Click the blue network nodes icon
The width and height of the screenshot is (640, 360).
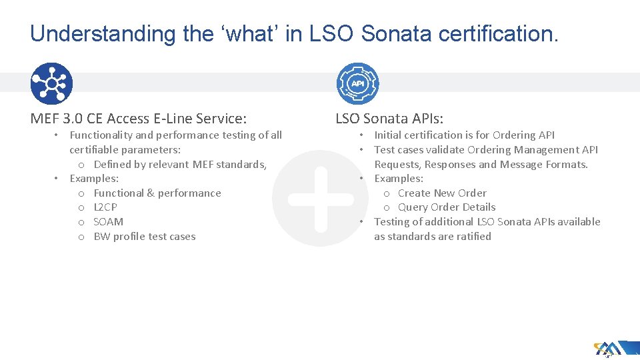coord(51,84)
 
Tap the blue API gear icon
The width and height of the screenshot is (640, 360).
coord(357,84)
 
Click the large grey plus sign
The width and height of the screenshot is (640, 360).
coord(321,199)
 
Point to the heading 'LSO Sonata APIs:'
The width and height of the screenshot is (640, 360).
coord(389,119)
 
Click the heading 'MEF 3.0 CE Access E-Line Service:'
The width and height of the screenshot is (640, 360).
coord(139,119)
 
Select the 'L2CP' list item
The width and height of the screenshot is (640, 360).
coord(105,207)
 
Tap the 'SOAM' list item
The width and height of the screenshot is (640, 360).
coord(108,222)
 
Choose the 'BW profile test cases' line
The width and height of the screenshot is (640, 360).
coord(145,237)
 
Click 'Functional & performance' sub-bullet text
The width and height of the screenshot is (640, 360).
coord(157,193)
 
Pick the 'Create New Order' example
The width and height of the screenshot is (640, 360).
coord(442,193)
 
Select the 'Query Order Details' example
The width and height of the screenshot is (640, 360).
coord(447,207)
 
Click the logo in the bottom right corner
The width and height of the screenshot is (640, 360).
coord(607,348)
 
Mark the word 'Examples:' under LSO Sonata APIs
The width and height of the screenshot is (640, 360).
coord(399,179)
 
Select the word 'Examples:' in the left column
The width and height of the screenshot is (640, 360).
coord(94,179)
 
